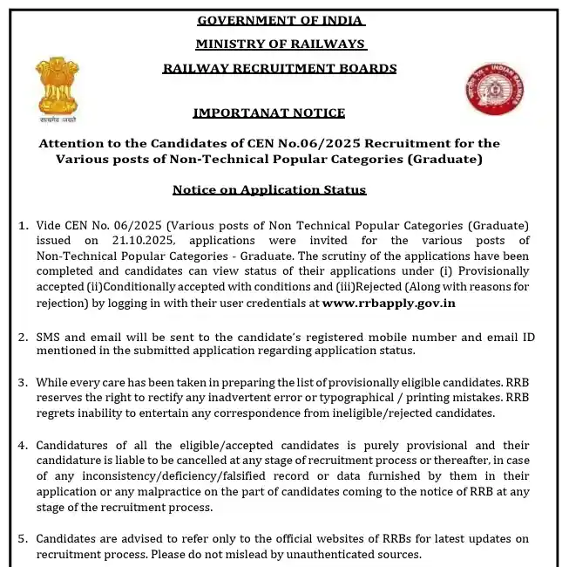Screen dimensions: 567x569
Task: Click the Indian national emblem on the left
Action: (58, 88)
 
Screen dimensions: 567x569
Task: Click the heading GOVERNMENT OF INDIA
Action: (281, 20)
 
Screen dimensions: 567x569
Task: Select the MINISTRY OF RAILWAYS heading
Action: (281, 44)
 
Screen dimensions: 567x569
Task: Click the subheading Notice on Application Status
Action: (269, 189)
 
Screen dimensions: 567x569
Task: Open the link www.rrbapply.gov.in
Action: (389, 304)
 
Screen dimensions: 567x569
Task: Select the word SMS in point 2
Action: (49, 337)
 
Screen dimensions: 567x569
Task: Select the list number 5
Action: (24, 539)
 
